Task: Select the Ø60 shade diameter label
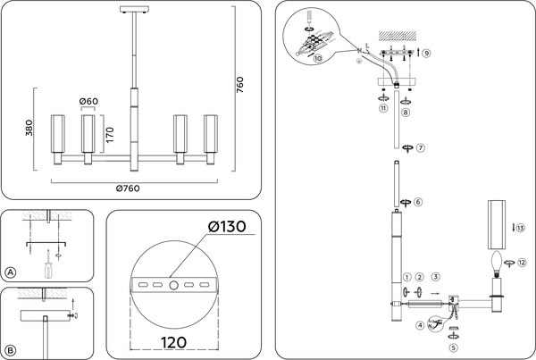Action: click(88, 101)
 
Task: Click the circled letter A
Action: click(11, 272)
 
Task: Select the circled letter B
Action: click(11, 349)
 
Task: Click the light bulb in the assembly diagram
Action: click(496, 262)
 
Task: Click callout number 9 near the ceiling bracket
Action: click(427, 54)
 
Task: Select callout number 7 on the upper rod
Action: click(420, 147)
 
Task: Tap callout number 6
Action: click(418, 202)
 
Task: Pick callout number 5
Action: click(453, 348)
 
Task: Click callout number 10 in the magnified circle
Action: click(318, 57)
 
